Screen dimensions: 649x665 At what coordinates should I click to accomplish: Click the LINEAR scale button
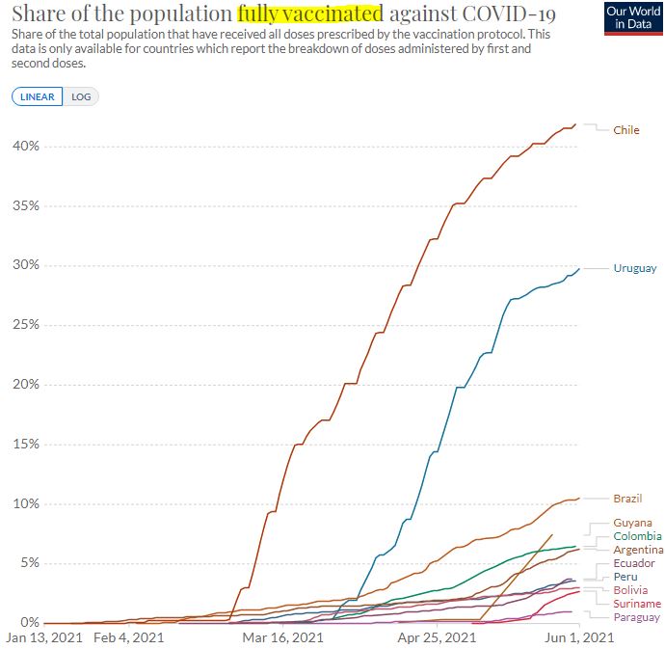coord(38,96)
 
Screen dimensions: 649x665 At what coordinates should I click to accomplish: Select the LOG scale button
coord(82,96)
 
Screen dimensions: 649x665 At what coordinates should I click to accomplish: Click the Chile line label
coord(625,130)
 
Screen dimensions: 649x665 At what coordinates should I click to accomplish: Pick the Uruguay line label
coord(634,268)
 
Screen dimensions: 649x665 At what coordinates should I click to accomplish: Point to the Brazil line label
coord(627,499)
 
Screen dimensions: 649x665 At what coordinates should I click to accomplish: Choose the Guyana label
coord(632,523)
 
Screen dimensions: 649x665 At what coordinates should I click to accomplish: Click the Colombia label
coord(637,536)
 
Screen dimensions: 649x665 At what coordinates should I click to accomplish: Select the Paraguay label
coord(636,617)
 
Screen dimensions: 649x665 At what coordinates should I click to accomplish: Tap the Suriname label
coord(637,604)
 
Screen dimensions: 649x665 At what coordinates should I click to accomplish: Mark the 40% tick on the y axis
coord(26,147)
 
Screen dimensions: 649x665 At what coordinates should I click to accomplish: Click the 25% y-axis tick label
coord(26,325)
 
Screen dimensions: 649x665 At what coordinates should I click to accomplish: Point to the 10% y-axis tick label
coord(26,504)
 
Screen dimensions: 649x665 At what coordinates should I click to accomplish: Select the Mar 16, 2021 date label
coord(282,637)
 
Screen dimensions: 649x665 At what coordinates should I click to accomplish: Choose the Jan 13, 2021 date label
coord(45,637)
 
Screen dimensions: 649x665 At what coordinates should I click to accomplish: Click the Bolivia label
coord(630,590)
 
